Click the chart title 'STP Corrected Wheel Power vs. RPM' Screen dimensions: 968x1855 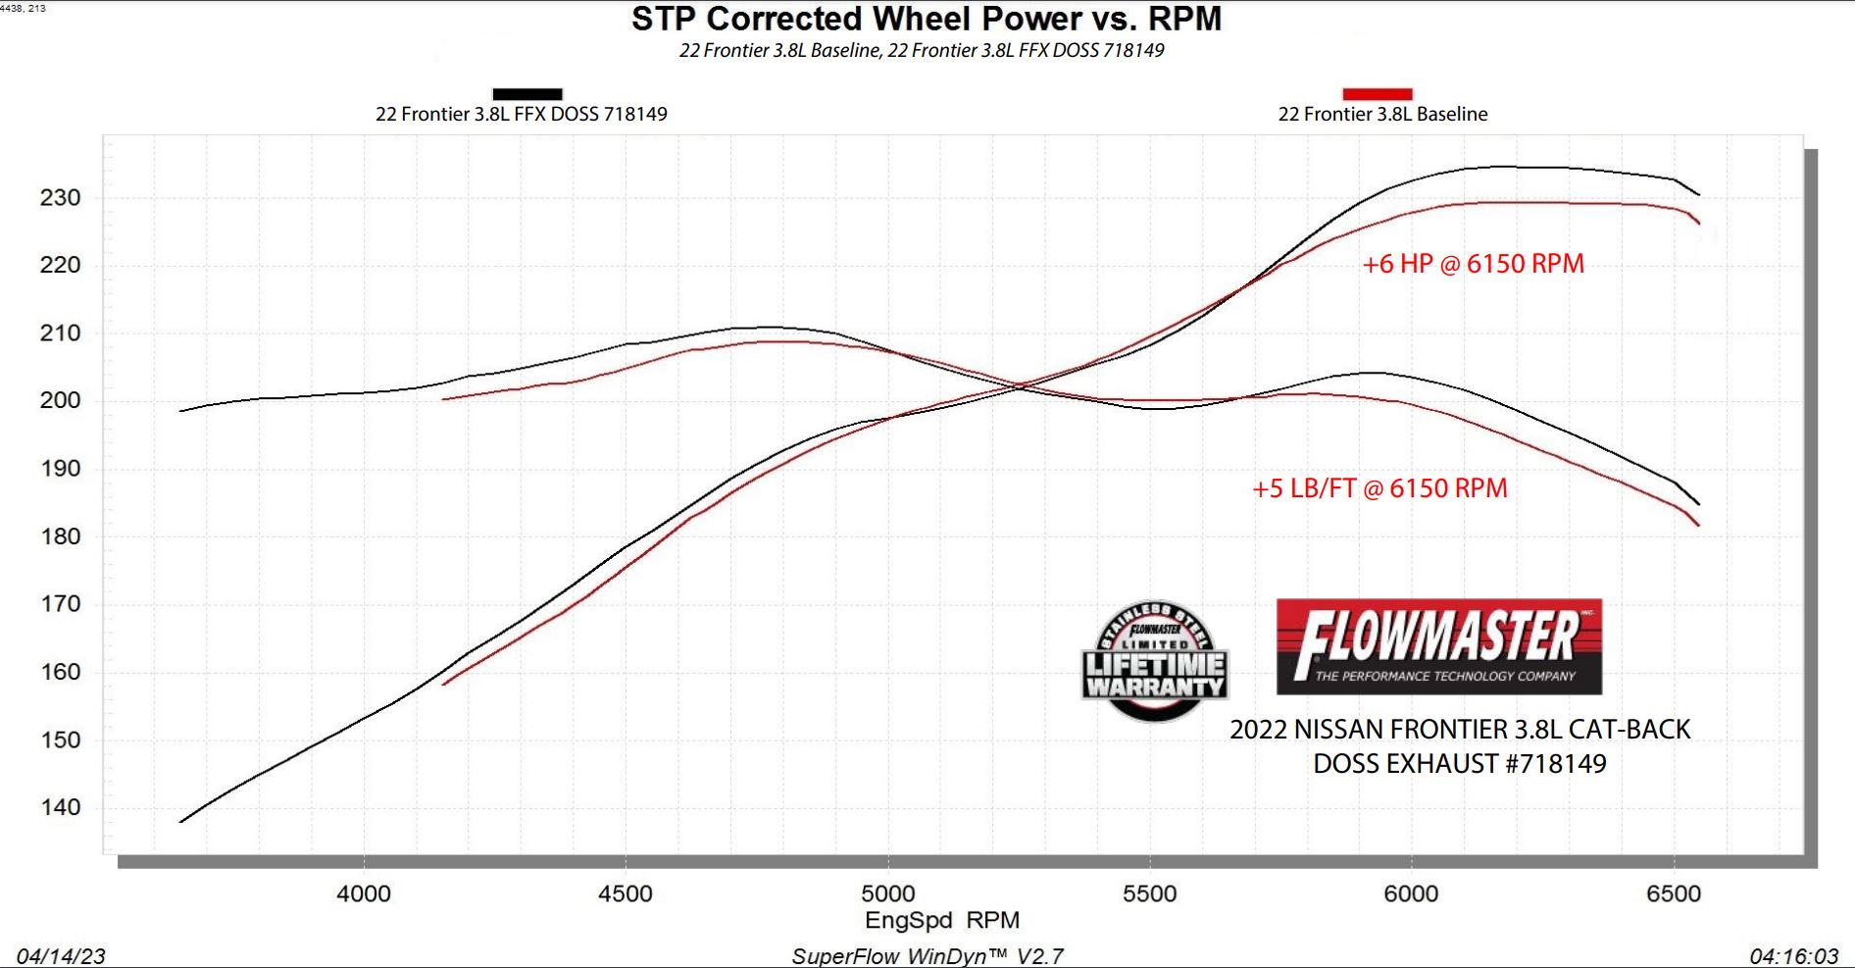[926, 19]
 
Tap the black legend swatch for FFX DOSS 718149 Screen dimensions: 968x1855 [527, 94]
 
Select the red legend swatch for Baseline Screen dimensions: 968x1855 [1377, 94]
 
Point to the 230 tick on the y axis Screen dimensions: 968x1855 [60, 197]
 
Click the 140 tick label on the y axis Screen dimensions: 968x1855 [60, 807]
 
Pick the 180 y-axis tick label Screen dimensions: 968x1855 [60, 535]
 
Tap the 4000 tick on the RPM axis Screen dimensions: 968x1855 [364, 893]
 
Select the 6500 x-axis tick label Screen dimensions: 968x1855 [1674, 893]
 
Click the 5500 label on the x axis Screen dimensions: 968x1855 [1149, 893]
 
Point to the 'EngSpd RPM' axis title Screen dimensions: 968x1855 [941, 920]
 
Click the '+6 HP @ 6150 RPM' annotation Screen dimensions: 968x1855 [1473, 264]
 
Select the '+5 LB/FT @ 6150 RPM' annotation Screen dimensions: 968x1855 [1379, 488]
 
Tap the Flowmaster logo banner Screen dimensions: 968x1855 [1438, 647]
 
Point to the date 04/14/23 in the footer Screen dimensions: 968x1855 [61, 956]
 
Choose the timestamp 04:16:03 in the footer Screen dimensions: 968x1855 [1794, 956]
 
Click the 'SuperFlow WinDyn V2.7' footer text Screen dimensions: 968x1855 [927, 956]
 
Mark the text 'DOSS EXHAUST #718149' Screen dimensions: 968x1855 [1459, 764]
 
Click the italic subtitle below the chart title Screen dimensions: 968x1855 [922, 50]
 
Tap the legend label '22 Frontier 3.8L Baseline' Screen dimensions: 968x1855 [1382, 114]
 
